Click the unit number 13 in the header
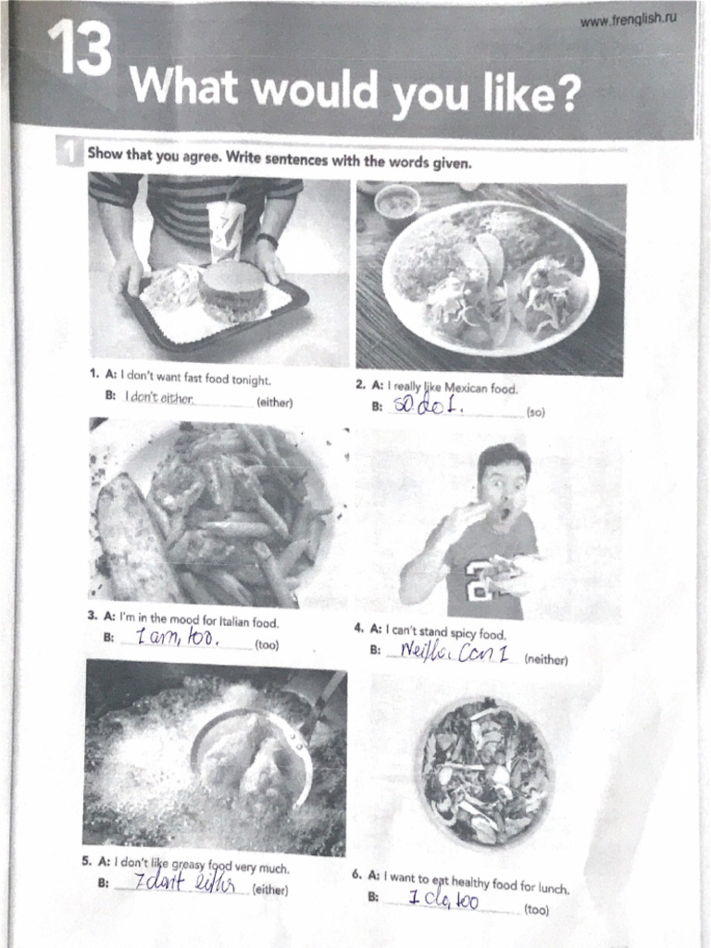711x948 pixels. (79, 51)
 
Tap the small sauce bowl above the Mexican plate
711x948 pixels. (397, 205)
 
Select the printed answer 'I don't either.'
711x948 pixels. (160, 399)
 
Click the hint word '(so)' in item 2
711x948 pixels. (535, 413)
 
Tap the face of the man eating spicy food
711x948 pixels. (504, 490)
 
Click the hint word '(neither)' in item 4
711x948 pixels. (545, 660)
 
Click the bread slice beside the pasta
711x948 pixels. (134, 537)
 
